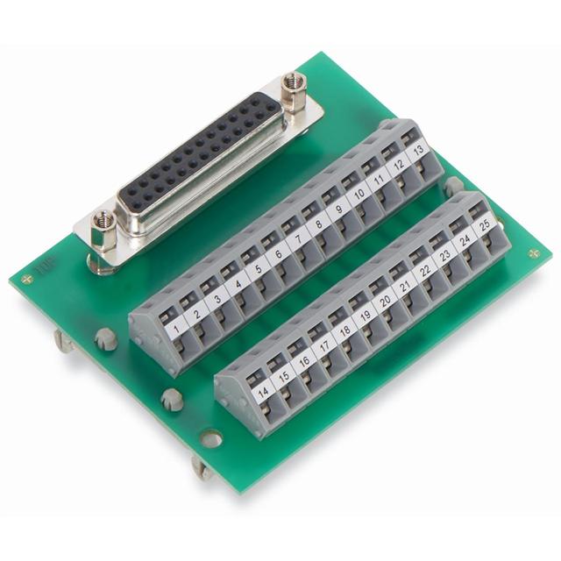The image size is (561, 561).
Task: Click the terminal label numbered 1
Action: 176,328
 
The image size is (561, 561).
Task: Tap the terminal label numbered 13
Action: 417,150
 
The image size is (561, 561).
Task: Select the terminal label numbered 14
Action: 263,392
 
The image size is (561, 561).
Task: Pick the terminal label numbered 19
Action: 366,316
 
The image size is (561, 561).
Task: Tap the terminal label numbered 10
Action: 359,194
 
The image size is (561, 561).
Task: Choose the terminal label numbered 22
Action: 425,271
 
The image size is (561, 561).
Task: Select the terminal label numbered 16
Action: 304,362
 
